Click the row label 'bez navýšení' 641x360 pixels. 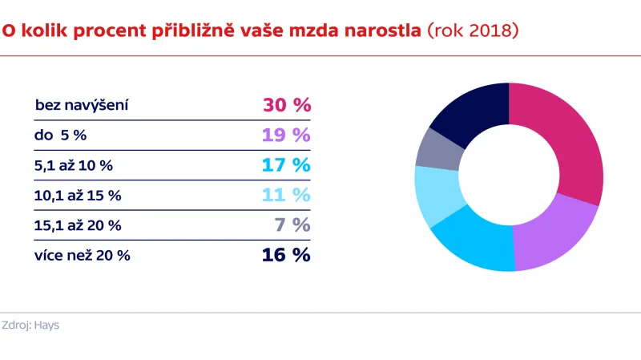(x=83, y=105)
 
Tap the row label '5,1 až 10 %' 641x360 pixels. (x=74, y=165)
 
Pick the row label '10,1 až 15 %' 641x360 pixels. (x=77, y=195)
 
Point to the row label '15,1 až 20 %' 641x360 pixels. (x=78, y=225)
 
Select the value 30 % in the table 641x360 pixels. (x=286, y=105)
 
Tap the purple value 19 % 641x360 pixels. (x=286, y=135)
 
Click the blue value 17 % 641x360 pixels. (x=286, y=165)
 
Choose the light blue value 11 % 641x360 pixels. (x=286, y=195)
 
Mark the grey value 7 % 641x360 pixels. (x=292, y=225)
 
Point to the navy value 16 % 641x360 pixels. (x=286, y=255)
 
